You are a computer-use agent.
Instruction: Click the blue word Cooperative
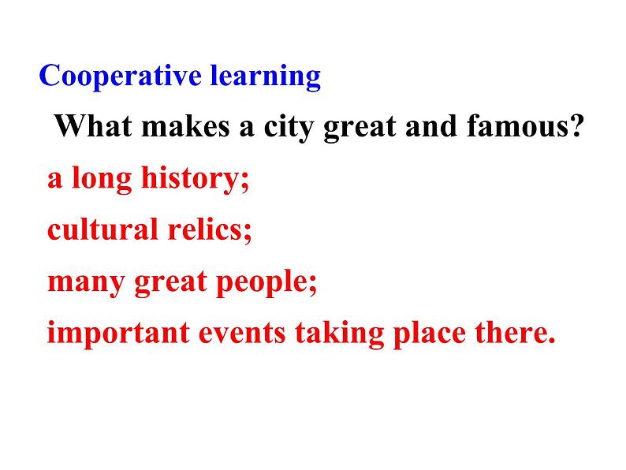pos(120,76)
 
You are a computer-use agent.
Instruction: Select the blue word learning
pos(266,76)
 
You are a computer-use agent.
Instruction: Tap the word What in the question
pos(93,125)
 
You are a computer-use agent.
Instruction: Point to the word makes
pos(185,126)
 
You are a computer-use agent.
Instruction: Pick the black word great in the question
pos(360,129)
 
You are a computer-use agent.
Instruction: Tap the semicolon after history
pos(244,182)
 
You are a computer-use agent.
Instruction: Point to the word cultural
pos(102,229)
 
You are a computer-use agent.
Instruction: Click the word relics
pos(205,229)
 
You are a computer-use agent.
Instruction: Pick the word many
pos(86,283)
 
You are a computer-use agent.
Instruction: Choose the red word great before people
pos(171,283)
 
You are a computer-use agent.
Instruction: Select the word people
pos(262,283)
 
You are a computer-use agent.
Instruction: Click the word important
pos(118,334)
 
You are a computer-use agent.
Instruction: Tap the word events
pos(242,334)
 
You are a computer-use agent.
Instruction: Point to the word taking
pos(340,334)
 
